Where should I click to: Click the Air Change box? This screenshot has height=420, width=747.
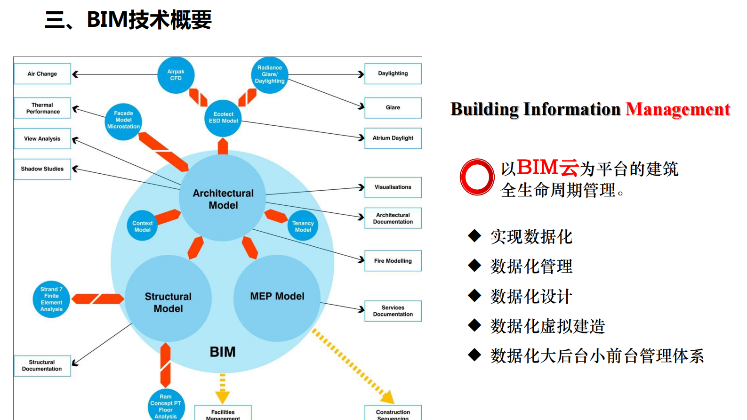coord(42,74)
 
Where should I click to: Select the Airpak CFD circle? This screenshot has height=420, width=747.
coord(176,75)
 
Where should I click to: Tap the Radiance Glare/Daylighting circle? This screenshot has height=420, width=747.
coord(270,75)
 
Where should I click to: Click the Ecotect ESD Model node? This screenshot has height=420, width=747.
coord(223,118)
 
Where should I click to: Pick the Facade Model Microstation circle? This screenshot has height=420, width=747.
coord(123,120)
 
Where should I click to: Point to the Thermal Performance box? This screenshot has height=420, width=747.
coord(42,108)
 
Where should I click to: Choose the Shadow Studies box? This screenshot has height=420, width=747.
coord(42,169)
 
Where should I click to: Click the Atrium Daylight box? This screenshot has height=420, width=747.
coord(393,138)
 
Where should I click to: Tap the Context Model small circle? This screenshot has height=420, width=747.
coord(142,226)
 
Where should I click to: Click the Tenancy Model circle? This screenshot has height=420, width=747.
coord(303,226)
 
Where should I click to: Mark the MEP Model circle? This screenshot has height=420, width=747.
coord(277,297)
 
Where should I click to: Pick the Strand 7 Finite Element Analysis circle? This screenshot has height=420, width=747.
coord(51,299)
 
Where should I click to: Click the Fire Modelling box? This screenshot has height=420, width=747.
coord(393,261)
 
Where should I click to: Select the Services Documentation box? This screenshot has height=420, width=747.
coord(393,311)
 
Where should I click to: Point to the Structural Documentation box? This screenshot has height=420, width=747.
coord(42,366)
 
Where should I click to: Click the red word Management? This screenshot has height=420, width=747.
coord(678,109)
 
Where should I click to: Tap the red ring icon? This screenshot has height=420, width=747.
coord(477,178)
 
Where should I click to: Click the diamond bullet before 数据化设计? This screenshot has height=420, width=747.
coord(474,296)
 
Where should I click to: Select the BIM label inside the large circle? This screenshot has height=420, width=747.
coord(223,352)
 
